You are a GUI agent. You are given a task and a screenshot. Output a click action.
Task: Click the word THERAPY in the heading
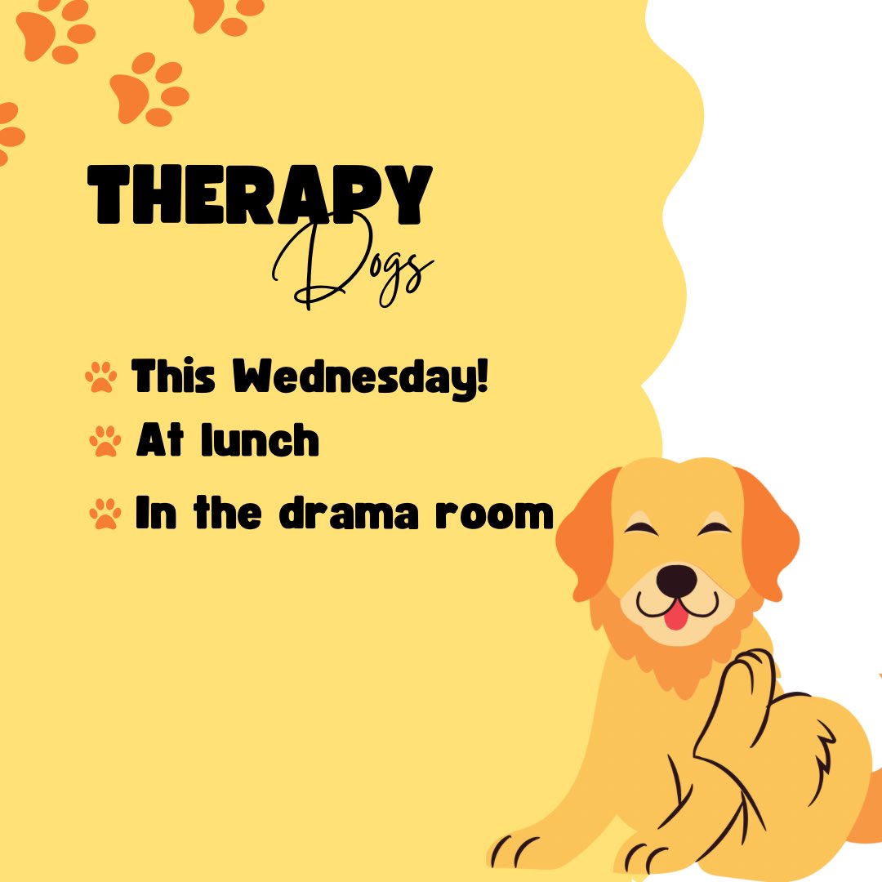pos(260,194)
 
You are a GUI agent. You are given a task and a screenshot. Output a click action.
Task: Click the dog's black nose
pos(677,580)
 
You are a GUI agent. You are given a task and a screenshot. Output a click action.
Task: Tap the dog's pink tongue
pos(675,616)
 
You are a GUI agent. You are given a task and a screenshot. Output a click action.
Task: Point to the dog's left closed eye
pos(641,528)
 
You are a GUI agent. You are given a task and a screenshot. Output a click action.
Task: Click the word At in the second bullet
pos(154,441)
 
